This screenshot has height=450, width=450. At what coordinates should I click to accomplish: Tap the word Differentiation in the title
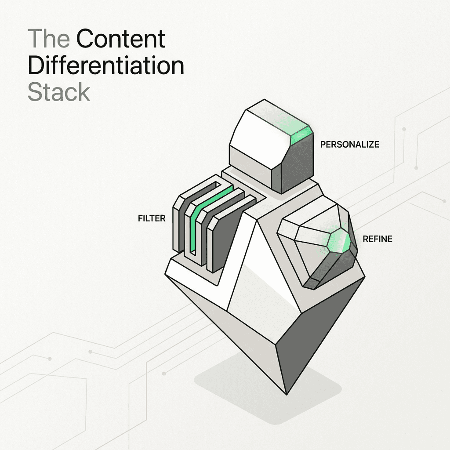point(105,66)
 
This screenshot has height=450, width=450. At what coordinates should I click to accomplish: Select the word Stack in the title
point(58,92)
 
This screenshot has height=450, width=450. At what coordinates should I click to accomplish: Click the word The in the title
point(48,40)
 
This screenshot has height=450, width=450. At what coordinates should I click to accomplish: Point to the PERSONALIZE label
point(349,144)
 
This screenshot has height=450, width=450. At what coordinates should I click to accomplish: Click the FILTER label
point(152,218)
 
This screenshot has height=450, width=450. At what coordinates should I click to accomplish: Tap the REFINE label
point(377,240)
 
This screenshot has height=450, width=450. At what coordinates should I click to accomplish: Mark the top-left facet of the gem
point(299,229)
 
